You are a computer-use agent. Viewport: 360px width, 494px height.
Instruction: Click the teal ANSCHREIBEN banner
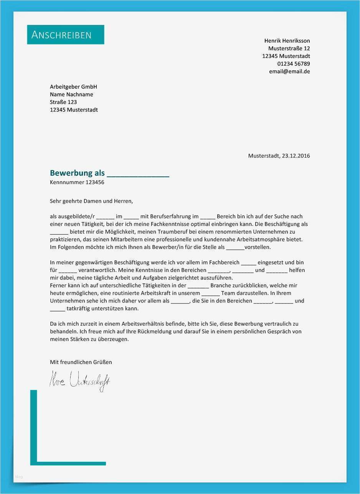pos(66,35)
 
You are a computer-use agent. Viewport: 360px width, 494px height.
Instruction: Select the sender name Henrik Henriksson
pos(287,41)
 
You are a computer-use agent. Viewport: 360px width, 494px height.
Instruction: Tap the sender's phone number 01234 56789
pos(294,64)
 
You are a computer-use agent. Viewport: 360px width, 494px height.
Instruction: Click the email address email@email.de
pos(289,71)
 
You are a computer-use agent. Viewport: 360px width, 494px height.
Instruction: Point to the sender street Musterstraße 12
pos(289,48)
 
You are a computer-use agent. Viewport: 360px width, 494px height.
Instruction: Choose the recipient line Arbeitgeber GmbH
pos(73,87)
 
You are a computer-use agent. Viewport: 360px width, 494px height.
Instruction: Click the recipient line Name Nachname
pos(71,94)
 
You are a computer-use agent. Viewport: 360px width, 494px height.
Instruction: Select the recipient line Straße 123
pos(63,102)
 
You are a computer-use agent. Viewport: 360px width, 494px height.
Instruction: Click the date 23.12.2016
pos(296,156)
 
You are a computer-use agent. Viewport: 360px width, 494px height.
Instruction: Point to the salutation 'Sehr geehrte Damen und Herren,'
pos(91,201)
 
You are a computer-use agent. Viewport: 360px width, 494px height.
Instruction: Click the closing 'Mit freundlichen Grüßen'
pos(81,362)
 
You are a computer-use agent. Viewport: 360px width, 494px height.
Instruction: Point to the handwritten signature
pos(80,380)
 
